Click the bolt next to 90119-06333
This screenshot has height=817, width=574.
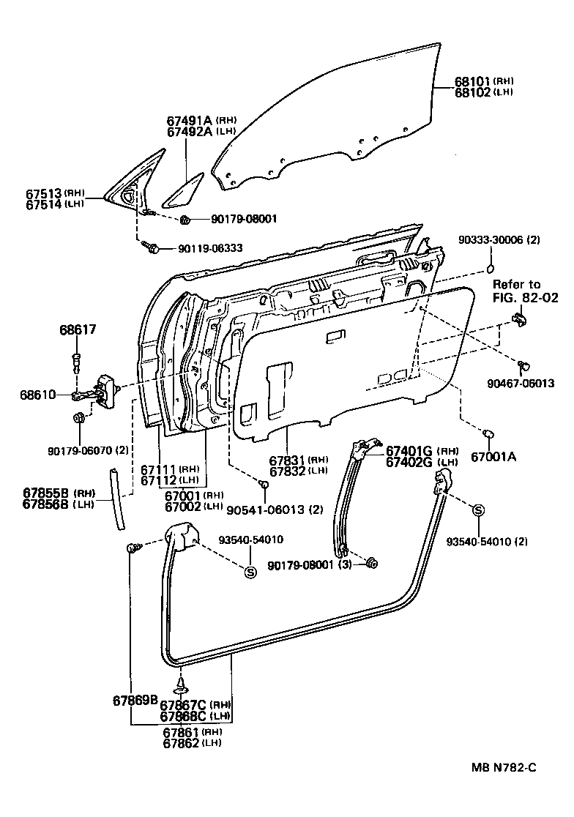[154, 248]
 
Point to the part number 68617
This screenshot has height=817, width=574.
[78, 331]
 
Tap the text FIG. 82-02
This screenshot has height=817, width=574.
[524, 297]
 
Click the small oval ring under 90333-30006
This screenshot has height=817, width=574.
[491, 265]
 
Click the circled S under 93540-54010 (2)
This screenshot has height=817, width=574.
[478, 510]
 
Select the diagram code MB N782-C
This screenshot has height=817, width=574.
[504, 767]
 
